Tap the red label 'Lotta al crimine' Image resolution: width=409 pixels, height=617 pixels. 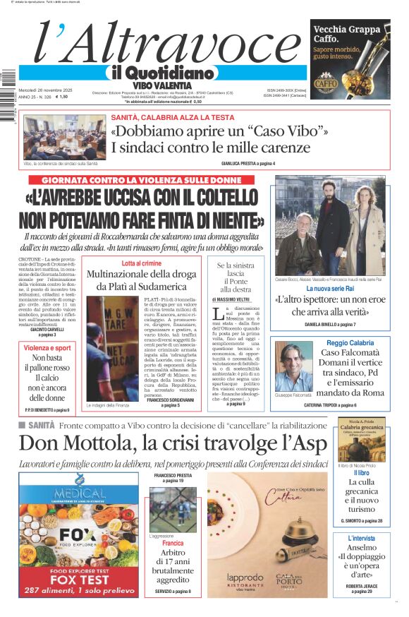click(x=141, y=263)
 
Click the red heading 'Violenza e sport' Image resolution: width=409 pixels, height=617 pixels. click(x=47, y=348)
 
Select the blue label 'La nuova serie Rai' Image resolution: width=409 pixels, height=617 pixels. click(x=330, y=289)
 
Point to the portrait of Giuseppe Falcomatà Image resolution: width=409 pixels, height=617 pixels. click(x=293, y=365)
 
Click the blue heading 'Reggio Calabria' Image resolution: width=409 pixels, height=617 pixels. click(x=347, y=343)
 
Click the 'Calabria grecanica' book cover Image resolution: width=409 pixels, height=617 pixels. click(x=361, y=439)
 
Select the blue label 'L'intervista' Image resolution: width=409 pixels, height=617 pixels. click(x=361, y=538)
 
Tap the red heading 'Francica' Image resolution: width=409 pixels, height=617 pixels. click(x=173, y=544)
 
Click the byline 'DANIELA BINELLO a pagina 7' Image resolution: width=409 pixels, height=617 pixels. click(x=330, y=324)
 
